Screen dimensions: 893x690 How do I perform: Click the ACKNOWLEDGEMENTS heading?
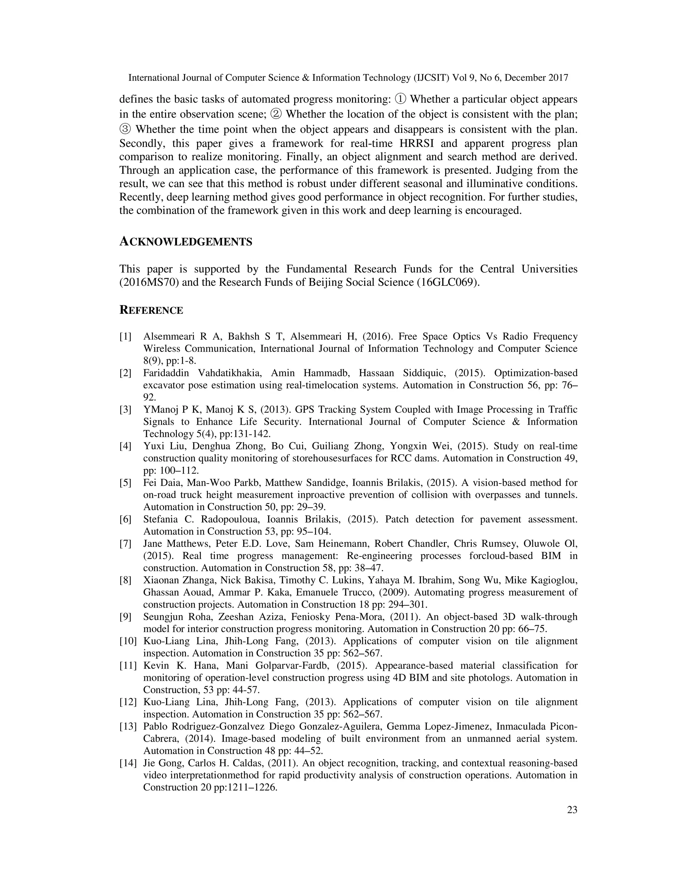[186, 242]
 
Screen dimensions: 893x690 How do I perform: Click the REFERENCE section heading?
[151, 310]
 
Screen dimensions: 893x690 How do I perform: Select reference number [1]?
[125, 337]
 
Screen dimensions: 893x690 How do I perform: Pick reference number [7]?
[125, 544]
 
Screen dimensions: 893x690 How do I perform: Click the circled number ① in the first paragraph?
[401, 99]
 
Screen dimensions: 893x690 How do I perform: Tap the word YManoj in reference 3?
[159, 410]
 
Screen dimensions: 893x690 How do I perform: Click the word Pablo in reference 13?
[155, 727]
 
